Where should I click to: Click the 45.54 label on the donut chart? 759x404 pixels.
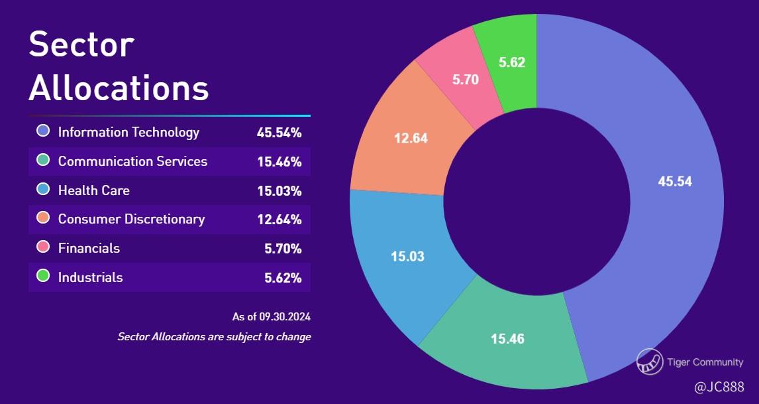(675, 181)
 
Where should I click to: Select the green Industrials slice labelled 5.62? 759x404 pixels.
(512, 62)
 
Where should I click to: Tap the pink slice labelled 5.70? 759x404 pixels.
(465, 80)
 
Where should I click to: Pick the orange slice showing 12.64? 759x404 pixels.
(411, 139)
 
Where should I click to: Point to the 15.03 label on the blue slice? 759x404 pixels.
(407, 256)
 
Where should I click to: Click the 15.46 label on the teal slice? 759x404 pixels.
(507, 339)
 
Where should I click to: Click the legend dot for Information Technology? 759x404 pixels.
(43, 132)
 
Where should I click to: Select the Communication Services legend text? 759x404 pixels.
(132, 161)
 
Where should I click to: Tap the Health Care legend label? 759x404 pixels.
(93, 190)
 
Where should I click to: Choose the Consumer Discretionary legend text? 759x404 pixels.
(131, 219)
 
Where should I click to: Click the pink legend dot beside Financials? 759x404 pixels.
(43, 247)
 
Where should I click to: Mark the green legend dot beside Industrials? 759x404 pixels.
(43, 277)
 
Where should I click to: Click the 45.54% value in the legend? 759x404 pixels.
(279, 133)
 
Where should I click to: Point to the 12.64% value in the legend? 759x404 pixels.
(279, 220)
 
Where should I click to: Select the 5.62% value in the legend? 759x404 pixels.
(283, 277)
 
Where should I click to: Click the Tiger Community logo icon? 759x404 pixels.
(650, 362)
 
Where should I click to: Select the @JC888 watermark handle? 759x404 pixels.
(719, 387)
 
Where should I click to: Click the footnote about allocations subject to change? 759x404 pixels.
(214, 337)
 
